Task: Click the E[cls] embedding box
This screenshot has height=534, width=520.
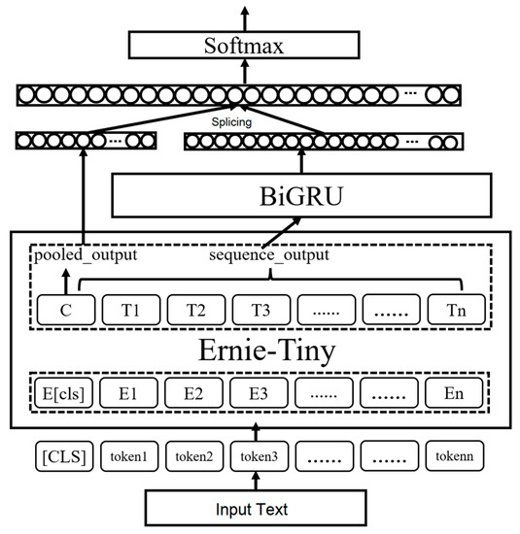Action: click(x=64, y=395)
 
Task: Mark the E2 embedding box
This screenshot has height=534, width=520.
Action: click(x=194, y=395)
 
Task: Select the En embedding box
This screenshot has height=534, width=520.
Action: click(x=455, y=395)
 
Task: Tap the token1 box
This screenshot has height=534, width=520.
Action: click(x=128, y=456)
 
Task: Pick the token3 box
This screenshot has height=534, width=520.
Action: click(x=259, y=456)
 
